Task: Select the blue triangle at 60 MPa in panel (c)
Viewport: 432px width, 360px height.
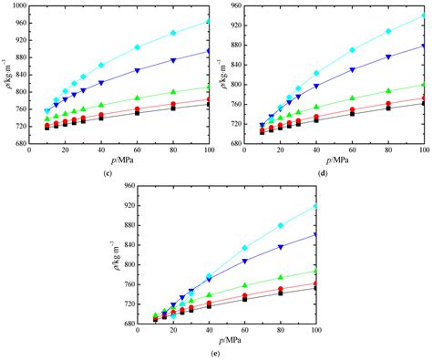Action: [137, 70]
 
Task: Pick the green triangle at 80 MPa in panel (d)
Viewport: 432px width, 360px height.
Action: [388, 91]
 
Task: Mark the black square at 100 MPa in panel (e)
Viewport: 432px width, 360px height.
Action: [315, 289]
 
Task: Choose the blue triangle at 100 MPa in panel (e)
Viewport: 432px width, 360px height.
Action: [315, 235]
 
